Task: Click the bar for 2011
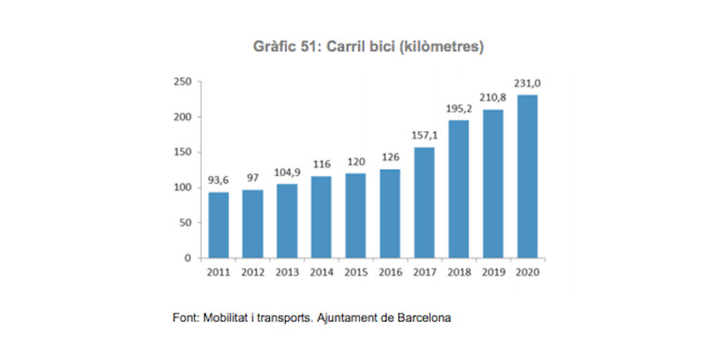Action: [218, 225]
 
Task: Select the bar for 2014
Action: [322, 217]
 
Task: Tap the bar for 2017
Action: [424, 202]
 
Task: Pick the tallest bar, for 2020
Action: [527, 176]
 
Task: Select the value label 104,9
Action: [287, 173]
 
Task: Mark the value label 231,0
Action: [527, 84]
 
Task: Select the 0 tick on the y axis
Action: [188, 258]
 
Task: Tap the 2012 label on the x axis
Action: [253, 272]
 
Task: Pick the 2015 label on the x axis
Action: [356, 272]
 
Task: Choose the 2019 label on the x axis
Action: [493, 272]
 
